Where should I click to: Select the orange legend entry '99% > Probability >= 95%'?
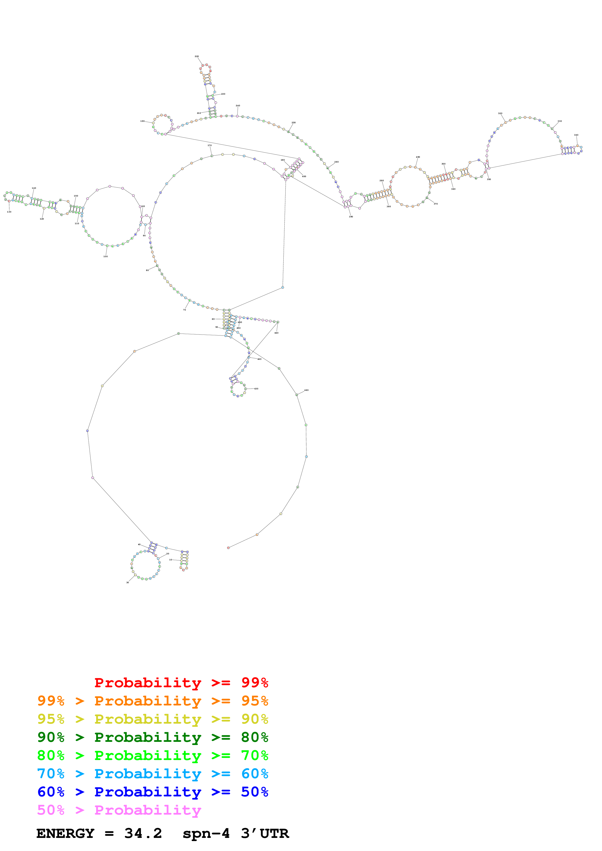coord(153,701)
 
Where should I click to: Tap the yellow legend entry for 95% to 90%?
coord(153,719)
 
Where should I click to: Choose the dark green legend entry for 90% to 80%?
coord(153,737)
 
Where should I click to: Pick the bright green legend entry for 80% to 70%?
coord(153,755)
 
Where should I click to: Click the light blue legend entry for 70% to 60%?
coord(153,774)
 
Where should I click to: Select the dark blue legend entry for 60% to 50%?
coord(153,792)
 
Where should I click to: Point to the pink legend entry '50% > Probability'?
coord(119,810)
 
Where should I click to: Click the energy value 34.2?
coord(143,834)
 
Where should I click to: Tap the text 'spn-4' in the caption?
coord(206,834)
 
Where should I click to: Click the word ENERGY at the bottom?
coord(65,834)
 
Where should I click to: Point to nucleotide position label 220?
coord(197,56)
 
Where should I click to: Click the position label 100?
coord(105,256)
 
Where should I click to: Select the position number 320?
coord(500,114)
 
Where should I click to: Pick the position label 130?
coord(9,212)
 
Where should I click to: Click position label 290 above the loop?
coord(418,157)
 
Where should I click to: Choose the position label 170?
coord(210,146)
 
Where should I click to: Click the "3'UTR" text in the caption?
coord(265,834)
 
